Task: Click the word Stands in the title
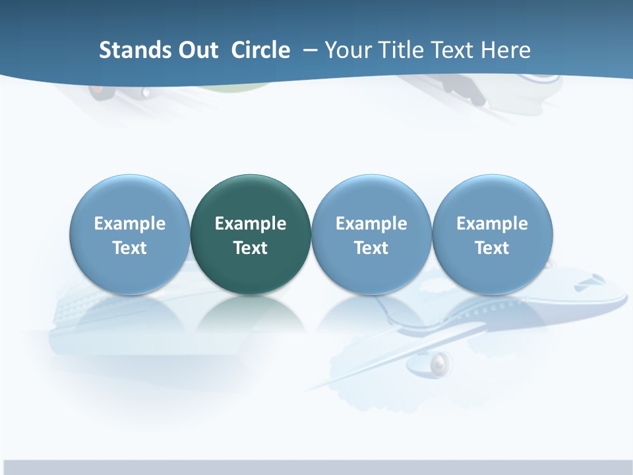[125, 50]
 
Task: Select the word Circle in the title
[260, 50]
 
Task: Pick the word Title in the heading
[403, 50]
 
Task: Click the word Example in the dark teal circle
[251, 224]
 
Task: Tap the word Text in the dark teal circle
[251, 248]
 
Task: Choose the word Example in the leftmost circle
[130, 224]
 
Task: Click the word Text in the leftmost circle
[130, 248]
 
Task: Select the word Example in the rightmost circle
[492, 224]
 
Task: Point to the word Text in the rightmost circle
[492, 248]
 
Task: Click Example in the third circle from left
[371, 224]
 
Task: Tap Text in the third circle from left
[371, 248]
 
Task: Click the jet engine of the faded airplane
[440, 362]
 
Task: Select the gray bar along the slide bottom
[316, 467]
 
